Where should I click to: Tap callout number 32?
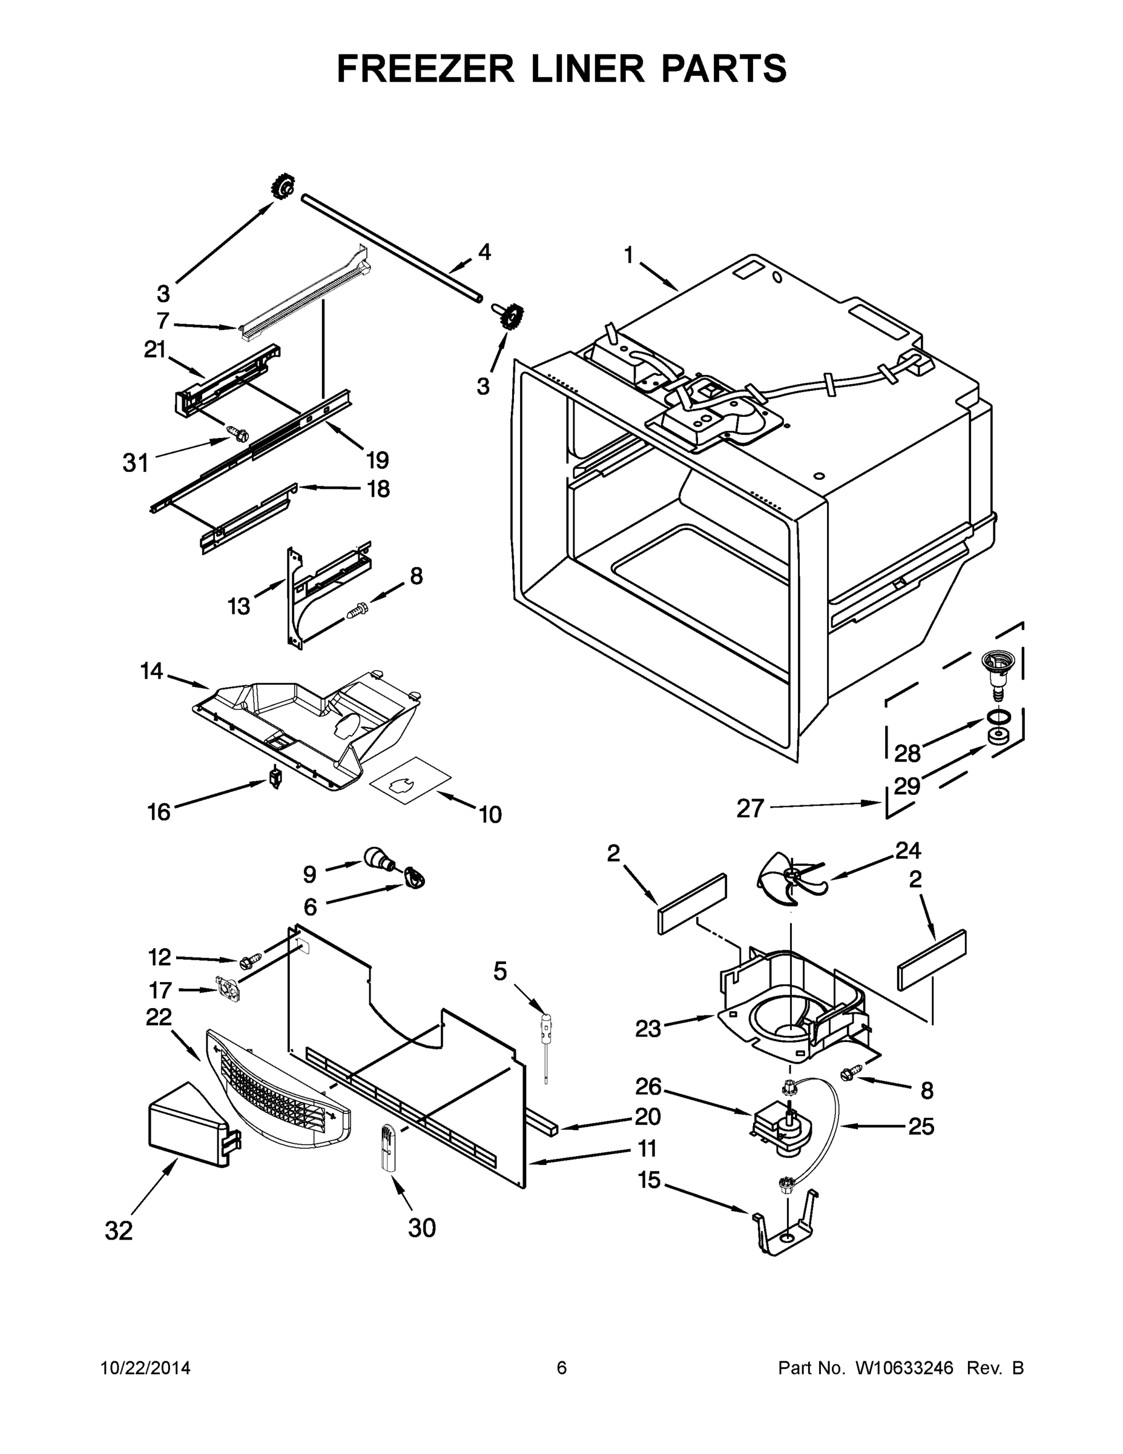[119, 1231]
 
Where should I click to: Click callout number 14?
[152, 671]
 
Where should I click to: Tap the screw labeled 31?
[237, 433]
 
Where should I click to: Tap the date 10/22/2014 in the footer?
[146, 1368]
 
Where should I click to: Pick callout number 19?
[377, 460]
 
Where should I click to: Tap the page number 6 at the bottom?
[562, 1368]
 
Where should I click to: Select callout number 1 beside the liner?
[628, 256]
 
